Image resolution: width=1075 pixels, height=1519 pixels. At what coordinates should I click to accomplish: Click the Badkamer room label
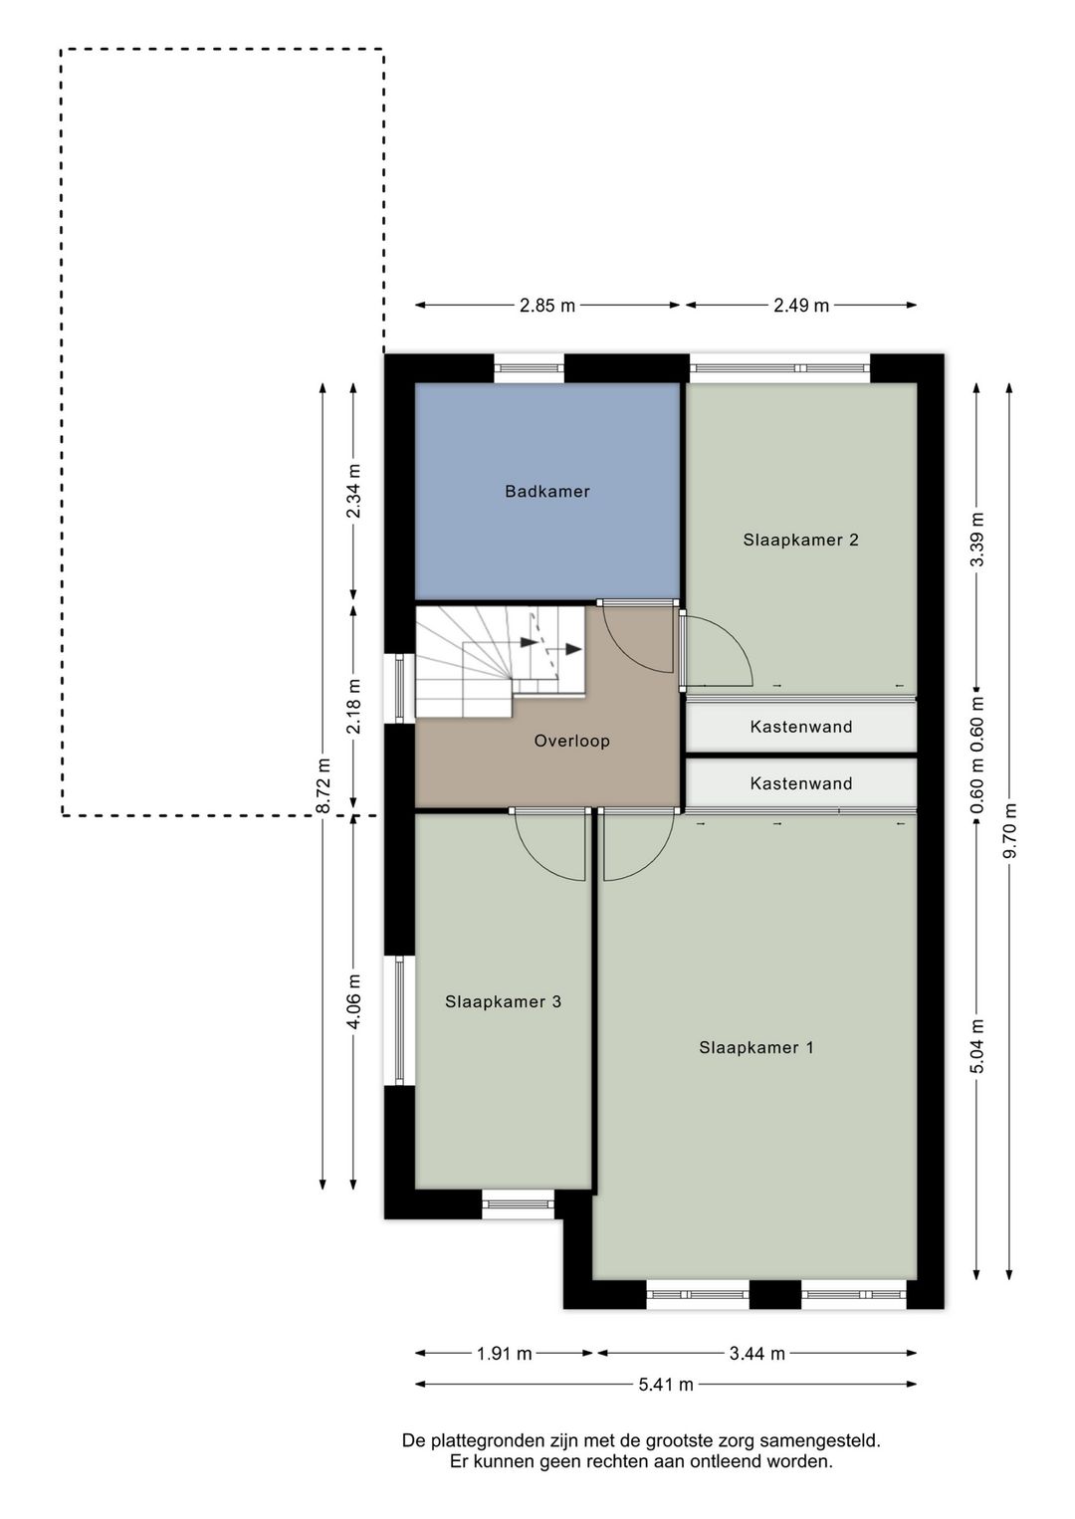click(x=546, y=491)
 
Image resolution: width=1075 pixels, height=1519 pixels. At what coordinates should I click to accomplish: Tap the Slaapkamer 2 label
click(x=800, y=540)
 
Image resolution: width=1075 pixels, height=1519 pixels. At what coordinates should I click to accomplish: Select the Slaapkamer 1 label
click(x=755, y=1047)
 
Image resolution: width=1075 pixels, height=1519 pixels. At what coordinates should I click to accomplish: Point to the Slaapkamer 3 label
click(x=503, y=1001)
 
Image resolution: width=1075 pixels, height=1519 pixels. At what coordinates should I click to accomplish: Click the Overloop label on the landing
click(x=571, y=741)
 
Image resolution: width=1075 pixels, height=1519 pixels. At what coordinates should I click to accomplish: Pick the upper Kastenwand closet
click(x=800, y=727)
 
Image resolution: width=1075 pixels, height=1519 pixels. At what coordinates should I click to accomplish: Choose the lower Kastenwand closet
click(x=800, y=783)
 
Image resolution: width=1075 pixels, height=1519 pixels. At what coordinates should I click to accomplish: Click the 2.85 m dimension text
click(x=547, y=306)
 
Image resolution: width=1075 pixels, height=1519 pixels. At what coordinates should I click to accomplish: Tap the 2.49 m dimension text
click(x=801, y=306)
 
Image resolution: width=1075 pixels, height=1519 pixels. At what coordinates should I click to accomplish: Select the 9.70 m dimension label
click(x=1009, y=831)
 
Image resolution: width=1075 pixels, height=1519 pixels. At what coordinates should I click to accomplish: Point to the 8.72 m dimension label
click(x=322, y=786)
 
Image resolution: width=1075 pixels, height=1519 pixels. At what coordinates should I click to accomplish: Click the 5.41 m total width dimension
click(x=665, y=1384)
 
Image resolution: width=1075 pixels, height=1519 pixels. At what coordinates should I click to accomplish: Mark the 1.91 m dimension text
click(x=504, y=1353)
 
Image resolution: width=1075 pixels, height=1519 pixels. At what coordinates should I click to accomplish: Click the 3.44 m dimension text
click(x=756, y=1353)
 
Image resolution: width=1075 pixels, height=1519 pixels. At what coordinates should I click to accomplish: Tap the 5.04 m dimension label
click(x=977, y=1046)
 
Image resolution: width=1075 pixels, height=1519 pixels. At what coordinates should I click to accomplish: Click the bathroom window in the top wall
click(x=529, y=368)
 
